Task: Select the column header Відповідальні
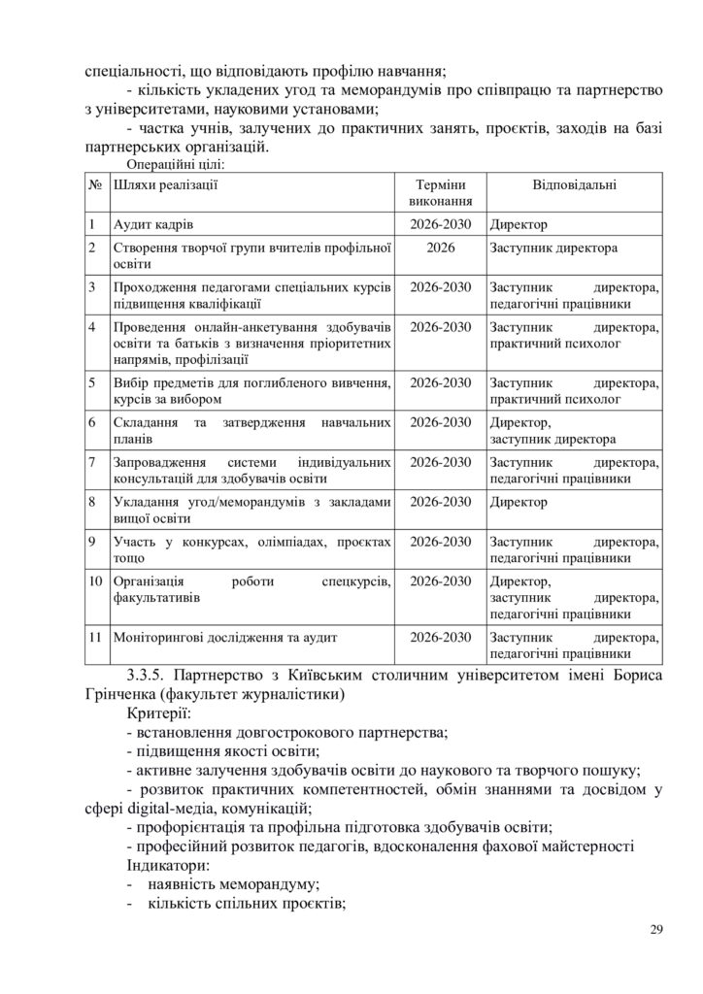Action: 575,184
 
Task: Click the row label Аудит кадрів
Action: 153,223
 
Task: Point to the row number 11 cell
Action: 95,638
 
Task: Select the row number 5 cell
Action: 91,381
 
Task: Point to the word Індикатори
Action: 167,864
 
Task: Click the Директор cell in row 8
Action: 519,502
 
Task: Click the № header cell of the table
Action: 95,184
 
